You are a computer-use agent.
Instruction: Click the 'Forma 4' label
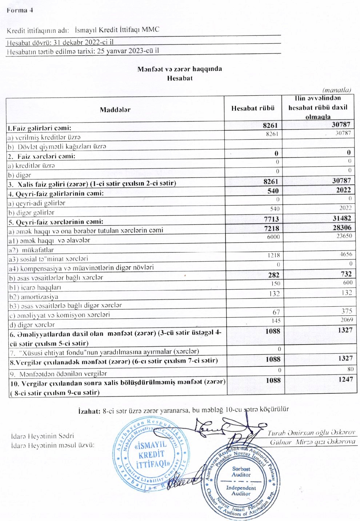[20, 10]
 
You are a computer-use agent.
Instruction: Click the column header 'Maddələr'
[115, 110]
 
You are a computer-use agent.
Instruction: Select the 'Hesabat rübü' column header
[253, 108]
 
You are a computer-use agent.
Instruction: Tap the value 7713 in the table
[272, 219]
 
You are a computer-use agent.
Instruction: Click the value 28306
[342, 228]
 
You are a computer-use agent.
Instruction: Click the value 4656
[346, 254]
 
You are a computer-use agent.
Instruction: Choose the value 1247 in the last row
[345, 379]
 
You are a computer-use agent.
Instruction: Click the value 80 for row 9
[350, 369]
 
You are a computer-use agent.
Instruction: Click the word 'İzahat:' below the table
[89, 411]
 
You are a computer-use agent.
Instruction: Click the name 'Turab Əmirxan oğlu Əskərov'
[311, 433]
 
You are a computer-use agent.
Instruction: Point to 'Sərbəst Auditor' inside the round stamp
[241, 472]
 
